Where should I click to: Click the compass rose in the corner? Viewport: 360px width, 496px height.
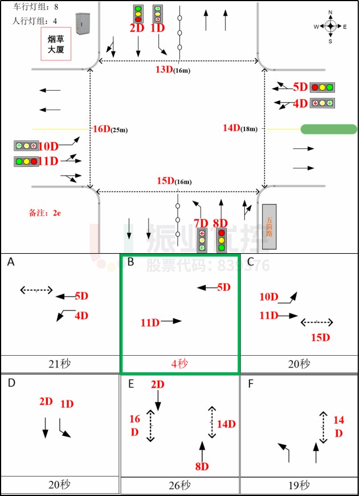[330, 26]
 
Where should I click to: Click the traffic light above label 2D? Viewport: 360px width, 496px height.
[138, 13]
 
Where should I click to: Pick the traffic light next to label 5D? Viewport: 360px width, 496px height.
[322, 88]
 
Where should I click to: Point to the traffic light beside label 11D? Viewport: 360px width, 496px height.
[26, 161]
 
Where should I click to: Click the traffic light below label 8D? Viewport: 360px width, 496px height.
[220, 240]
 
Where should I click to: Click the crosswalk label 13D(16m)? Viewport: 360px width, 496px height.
[173, 70]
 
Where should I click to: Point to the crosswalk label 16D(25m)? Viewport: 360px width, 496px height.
[110, 129]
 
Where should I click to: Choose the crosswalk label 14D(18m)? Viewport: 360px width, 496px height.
[240, 128]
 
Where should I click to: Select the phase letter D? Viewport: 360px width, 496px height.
[11, 383]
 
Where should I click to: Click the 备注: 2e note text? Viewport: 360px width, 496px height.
[44, 213]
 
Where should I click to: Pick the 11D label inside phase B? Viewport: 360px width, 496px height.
[150, 323]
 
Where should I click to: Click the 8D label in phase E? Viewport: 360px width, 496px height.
[202, 466]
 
